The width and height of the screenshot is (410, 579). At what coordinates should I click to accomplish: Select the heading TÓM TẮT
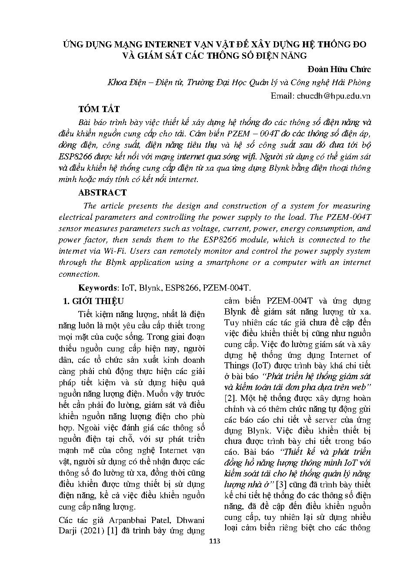[99, 109]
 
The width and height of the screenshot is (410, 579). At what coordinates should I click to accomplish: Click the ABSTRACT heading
[102, 192]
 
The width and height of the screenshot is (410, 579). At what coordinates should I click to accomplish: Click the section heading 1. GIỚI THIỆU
[93, 301]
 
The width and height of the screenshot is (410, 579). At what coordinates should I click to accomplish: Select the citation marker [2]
[230, 398]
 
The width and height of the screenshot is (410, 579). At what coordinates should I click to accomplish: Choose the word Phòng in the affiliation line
[359, 83]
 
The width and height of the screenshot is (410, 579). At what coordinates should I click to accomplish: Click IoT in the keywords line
[127, 288]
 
